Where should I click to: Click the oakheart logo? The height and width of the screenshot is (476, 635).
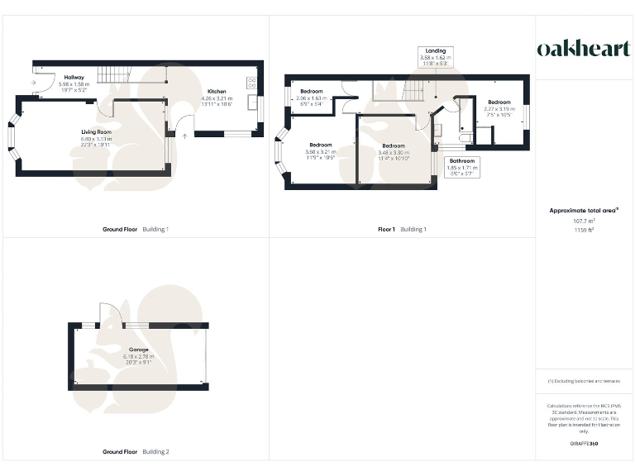tap(584, 49)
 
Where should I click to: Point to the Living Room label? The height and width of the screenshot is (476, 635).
tap(96, 136)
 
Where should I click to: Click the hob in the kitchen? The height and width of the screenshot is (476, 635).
tap(251, 83)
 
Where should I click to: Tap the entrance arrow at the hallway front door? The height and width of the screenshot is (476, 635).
tap(31, 82)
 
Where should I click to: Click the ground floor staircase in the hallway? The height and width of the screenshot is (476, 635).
tap(114, 75)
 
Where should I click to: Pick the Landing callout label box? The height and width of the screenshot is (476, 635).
tap(435, 56)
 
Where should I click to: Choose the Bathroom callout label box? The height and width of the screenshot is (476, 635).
tap(462, 166)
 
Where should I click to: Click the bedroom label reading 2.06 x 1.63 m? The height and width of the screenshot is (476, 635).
tap(311, 96)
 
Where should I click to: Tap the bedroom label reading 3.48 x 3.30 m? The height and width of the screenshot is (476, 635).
tap(393, 150)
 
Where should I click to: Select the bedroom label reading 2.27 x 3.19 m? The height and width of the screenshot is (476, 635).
tap(499, 107)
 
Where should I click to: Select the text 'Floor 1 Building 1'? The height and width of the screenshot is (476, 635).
tap(402, 229)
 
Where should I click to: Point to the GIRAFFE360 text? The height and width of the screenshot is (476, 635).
tap(584, 445)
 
